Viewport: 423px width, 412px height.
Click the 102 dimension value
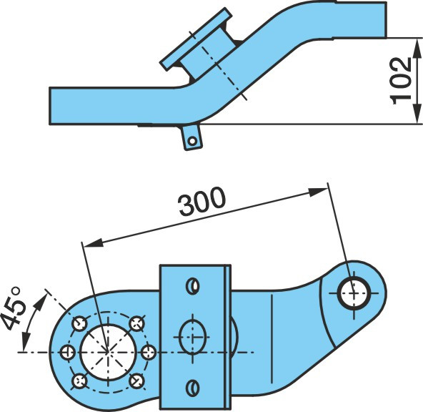pos(401,81)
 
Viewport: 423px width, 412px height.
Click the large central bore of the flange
pos(108,352)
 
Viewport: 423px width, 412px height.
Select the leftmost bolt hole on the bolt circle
pos(67,353)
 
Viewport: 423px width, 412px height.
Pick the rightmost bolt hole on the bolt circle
pos(149,352)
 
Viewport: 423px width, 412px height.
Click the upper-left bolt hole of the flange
pos(79,323)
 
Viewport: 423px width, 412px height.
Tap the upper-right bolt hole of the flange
pos(136,323)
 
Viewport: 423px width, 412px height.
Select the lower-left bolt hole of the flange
pos(79,381)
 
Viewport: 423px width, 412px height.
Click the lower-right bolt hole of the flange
pos(136,381)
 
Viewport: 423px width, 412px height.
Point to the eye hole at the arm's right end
pos(354,293)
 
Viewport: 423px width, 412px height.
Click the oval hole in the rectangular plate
pos(193,337)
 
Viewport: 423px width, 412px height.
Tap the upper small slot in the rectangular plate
pos(193,285)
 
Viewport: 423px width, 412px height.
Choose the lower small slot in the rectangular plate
pos(193,388)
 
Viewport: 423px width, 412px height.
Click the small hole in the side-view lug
pos(192,141)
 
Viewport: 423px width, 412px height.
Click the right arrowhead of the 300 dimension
pos(318,192)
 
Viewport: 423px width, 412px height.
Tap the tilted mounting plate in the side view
pos(196,39)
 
